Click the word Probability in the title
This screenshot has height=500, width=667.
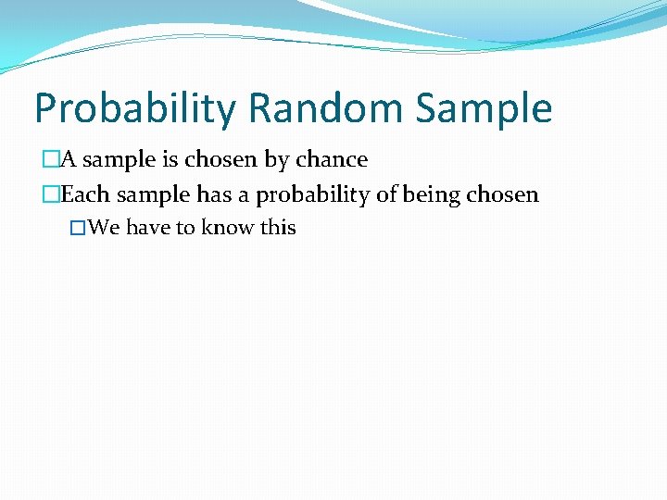click(135, 109)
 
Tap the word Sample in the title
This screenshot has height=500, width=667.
click(484, 109)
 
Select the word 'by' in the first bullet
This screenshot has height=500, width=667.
click(277, 160)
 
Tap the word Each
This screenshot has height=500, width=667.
click(82, 194)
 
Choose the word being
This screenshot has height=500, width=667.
click(432, 195)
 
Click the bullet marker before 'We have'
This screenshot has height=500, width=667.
click(79, 228)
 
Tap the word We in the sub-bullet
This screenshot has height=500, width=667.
click(105, 228)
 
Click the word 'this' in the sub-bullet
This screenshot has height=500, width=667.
click(278, 228)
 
